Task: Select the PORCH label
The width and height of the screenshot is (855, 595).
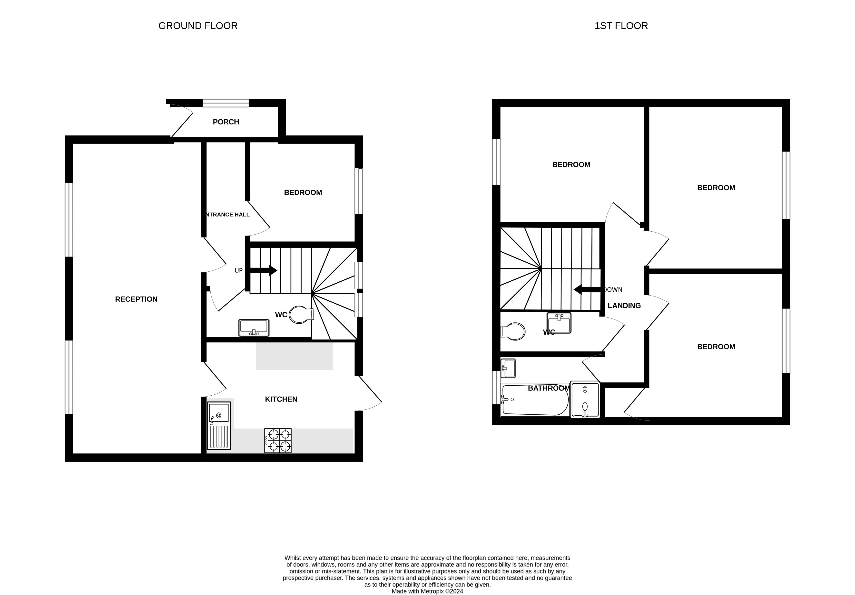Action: click(226, 122)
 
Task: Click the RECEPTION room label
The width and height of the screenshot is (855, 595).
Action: click(136, 299)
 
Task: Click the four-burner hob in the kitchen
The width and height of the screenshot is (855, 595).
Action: click(278, 441)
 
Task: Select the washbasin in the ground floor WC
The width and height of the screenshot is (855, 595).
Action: click(254, 328)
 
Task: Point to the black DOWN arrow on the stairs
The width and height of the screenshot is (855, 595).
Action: click(587, 289)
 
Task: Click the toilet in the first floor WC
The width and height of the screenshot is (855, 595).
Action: click(513, 331)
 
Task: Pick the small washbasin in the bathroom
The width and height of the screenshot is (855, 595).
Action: click(508, 368)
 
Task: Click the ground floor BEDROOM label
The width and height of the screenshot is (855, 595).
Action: click(303, 192)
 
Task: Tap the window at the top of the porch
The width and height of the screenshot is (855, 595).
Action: click(226, 103)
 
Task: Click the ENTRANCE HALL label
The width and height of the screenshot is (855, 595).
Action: click(227, 214)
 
